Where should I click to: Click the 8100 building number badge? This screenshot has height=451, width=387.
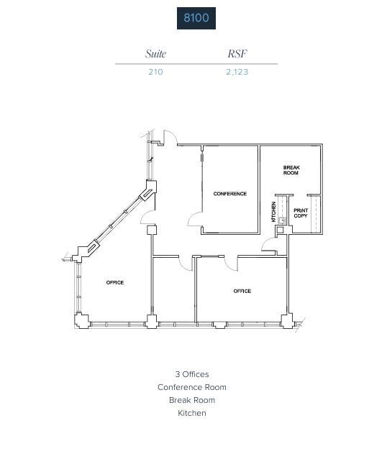tap(196, 18)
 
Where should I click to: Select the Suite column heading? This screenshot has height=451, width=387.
tap(155, 54)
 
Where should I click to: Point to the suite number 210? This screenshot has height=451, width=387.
tap(155, 72)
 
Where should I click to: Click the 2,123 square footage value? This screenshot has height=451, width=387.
tap(237, 72)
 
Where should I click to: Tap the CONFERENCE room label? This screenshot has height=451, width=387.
tap(229, 194)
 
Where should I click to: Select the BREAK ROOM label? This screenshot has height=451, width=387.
tap(291, 171)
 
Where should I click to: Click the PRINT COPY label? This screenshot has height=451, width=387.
tap(301, 213)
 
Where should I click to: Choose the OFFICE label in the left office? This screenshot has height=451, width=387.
tap(115, 282)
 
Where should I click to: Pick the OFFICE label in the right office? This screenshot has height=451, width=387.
tap(242, 291)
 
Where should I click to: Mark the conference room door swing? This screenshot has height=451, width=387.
tap(194, 218)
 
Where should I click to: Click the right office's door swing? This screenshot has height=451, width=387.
tap(232, 264)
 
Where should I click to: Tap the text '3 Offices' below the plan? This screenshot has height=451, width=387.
tap(192, 374)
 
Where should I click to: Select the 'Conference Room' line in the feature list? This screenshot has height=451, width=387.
tap(192, 387)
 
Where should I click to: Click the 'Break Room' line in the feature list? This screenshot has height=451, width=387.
tap(192, 400)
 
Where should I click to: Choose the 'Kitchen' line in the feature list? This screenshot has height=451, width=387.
tap(192, 413)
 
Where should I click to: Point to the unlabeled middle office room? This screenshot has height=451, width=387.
tap(173, 291)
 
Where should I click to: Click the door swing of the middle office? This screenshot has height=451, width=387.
tap(186, 263)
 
